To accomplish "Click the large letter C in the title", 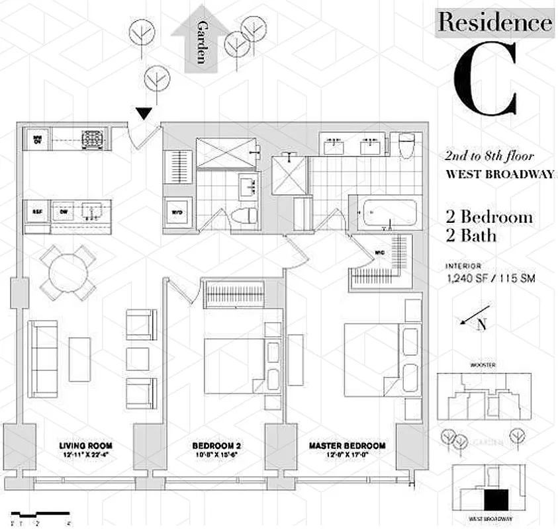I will (485, 81).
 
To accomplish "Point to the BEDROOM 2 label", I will (212, 446).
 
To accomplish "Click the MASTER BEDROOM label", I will (347, 446).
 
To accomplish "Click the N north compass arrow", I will (477, 318).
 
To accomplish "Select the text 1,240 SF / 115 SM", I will (490, 279).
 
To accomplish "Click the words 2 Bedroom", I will (488, 218).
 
